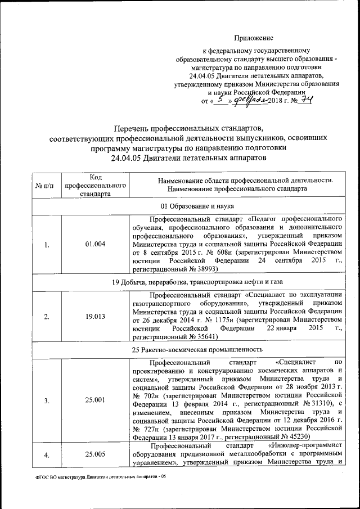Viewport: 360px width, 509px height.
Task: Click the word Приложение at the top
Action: coord(254,38)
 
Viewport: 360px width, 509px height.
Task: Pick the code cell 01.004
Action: coord(94,244)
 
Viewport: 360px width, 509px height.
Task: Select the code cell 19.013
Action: coord(94,317)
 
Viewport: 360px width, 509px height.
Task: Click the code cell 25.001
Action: coord(94,400)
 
